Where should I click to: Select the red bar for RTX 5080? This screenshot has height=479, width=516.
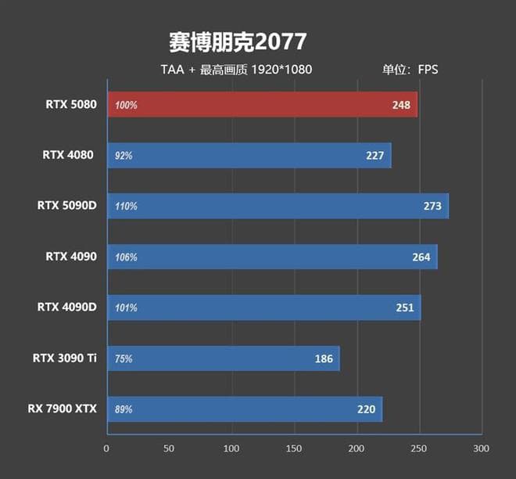pyautogui.click(x=262, y=104)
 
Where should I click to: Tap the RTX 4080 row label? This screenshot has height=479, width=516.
pyautogui.click(x=68, y=155)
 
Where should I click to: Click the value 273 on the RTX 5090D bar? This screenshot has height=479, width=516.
pyautogui.click(x=432, y=206)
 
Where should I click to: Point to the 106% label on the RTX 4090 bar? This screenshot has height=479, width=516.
pyautogui.click(x=126, y=257)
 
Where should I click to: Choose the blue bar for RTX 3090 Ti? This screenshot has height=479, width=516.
pyautogui.click(x=223, y=358)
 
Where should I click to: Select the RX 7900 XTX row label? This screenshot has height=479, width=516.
pyautogui.click(x=65, y=409)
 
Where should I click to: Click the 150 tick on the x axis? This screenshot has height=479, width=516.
pyautogui.click(x=294, y=449)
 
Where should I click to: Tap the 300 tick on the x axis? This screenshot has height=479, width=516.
pyautogui.click(x=481, y=449)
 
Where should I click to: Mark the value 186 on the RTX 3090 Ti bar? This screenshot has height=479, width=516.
pyautogui.click(x=324, y=358)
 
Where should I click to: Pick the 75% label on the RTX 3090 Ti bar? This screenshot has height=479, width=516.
pyautogui.click(x=124, y=358)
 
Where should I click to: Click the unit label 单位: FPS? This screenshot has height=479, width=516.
pyautogui.click(x=410, y=69)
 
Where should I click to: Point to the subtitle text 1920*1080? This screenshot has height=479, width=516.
pyautogui.click(x=281, y=69)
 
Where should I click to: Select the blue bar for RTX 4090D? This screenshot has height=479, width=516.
pyautogui.click(x=263, y=308)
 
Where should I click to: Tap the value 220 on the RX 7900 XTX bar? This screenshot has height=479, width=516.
pyautogui.click(x=367, y=409)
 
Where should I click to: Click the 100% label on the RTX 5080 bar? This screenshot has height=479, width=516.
pyautogui.click(x=126, y=104)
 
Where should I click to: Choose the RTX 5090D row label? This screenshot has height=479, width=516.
pyautogui.click(x=66, y=206)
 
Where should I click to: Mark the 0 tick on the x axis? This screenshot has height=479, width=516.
pyautogui.click(x=106, y=449)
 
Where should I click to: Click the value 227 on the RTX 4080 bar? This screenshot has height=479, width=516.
pyautogui.click(x=375, y=155)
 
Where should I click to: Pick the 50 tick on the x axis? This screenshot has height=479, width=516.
pyautogui.click(x=169, y=449)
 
